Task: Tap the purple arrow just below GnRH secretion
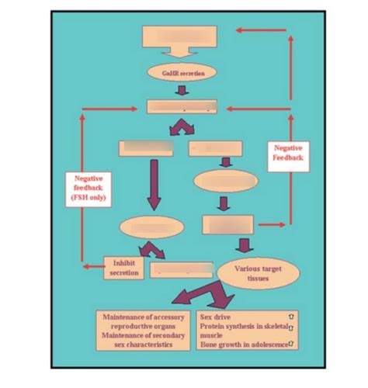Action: [x=181, y=90]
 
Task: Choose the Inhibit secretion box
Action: [x=123, y=268]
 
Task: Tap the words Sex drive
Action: [x=216, y=317]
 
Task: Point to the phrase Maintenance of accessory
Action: [x=144, y=317]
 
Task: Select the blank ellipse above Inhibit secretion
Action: [x=151, y=227]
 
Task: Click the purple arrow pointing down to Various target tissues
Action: [x=245, y=246]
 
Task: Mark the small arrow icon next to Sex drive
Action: [x=290, y=317]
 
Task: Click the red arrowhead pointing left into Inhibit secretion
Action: [x=86, y=268]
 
